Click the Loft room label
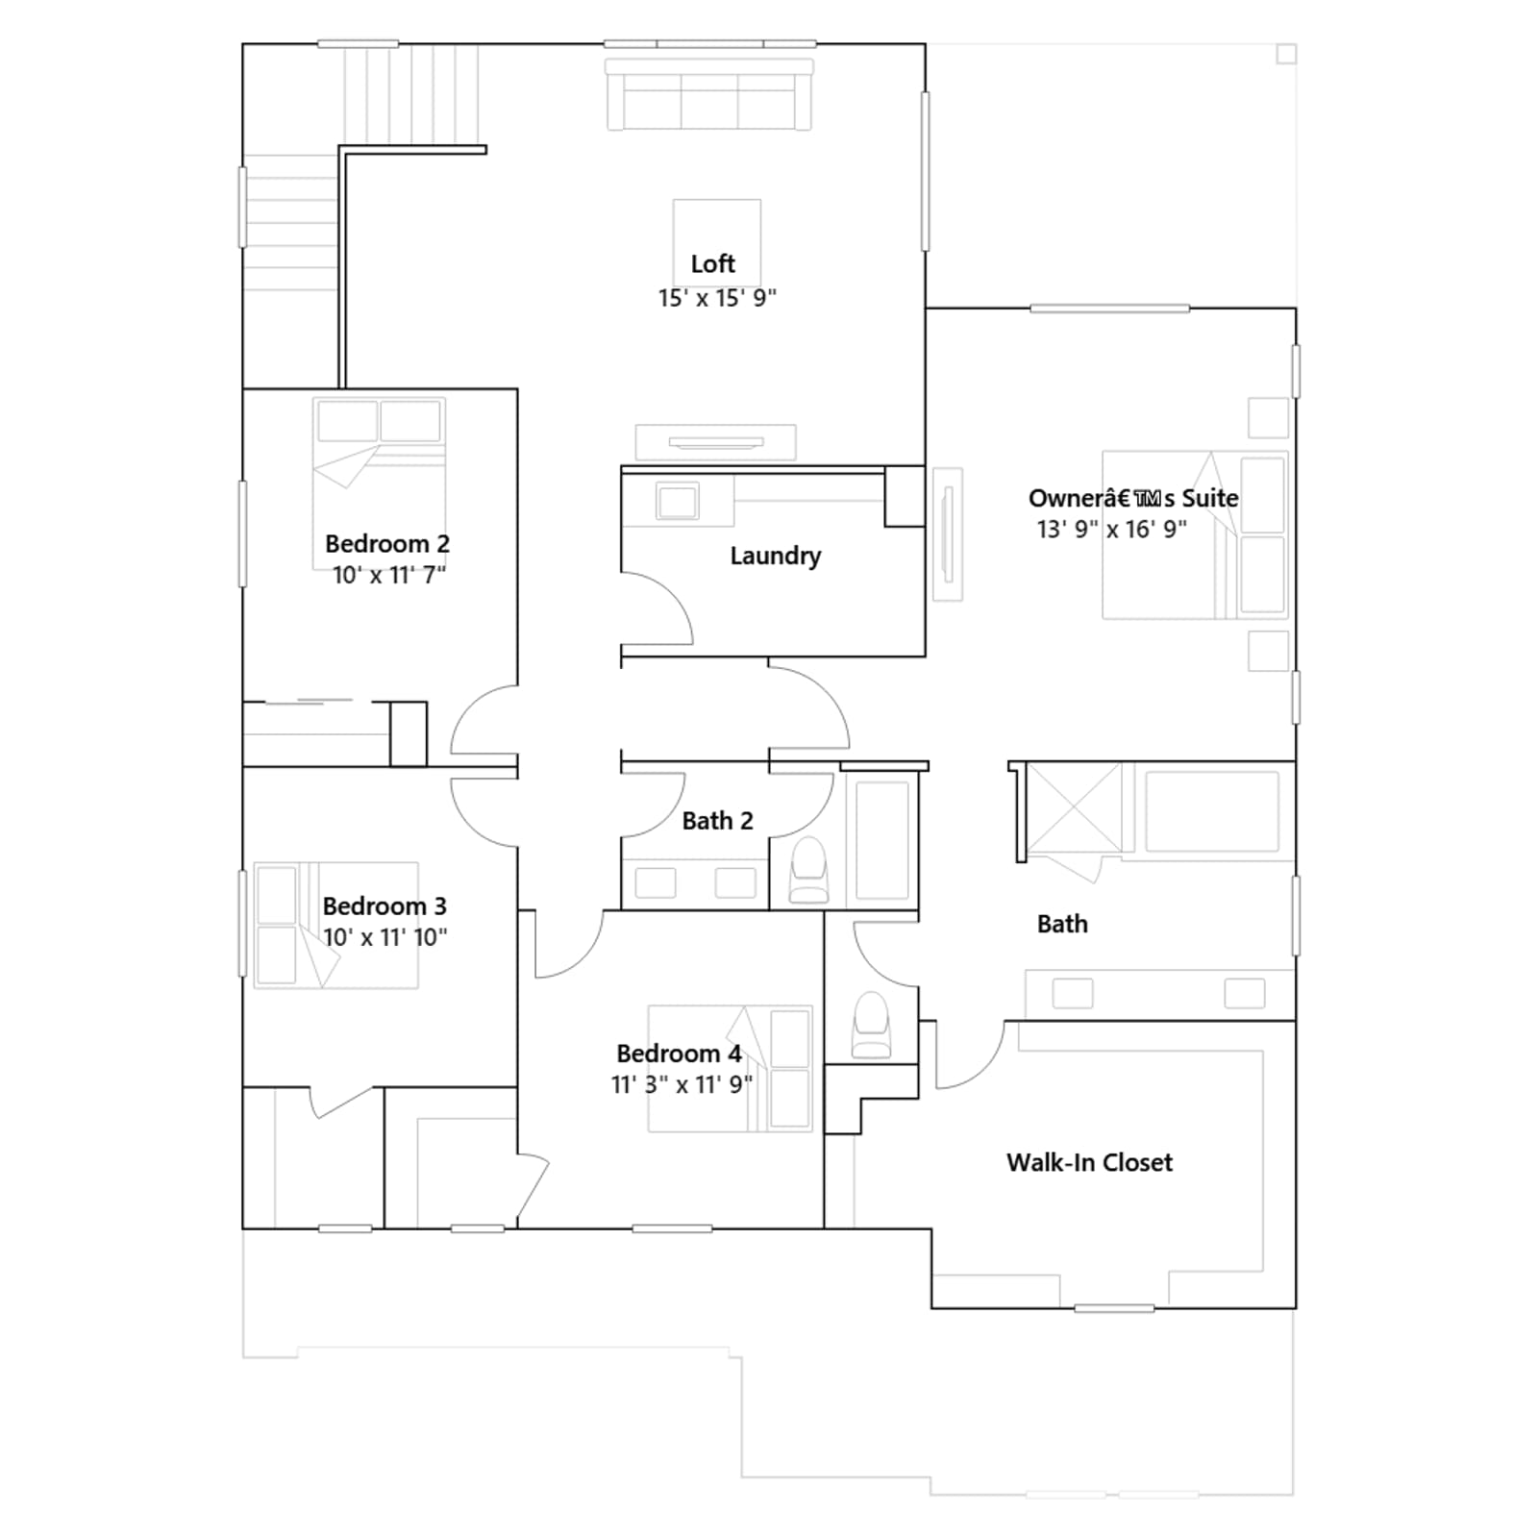[712, 263]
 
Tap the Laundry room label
[775, 556]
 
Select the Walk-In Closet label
[1089, 1162]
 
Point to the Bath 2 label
[717, 821]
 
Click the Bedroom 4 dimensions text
[682, 1084]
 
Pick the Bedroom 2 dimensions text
[389, 575]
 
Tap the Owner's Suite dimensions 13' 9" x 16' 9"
[1111, 529]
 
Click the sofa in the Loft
[709, 94]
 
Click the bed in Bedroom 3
[335, 925]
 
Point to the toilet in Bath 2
[808, 870]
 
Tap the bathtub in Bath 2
[881, 840]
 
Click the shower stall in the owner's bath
[1074, 807]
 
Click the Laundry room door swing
[657, 608]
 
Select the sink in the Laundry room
[678, 501]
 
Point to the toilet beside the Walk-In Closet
[872, 1025]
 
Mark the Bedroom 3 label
[384, 906]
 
